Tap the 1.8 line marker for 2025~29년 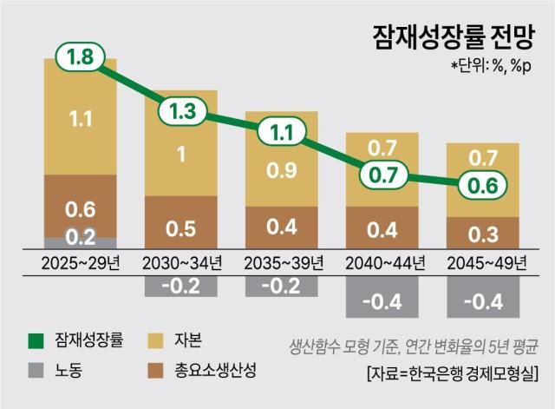[80, 58]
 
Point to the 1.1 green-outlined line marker [281, 134]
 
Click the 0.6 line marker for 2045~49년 [482, 186]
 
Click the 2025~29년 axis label [80, 262]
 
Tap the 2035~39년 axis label [281, 262]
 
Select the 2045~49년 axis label [482, 262]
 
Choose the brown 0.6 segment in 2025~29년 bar [80, 207]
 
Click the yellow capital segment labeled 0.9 [281, 170]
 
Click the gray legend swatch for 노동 [35, 371]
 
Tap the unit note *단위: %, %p [493, 66]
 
